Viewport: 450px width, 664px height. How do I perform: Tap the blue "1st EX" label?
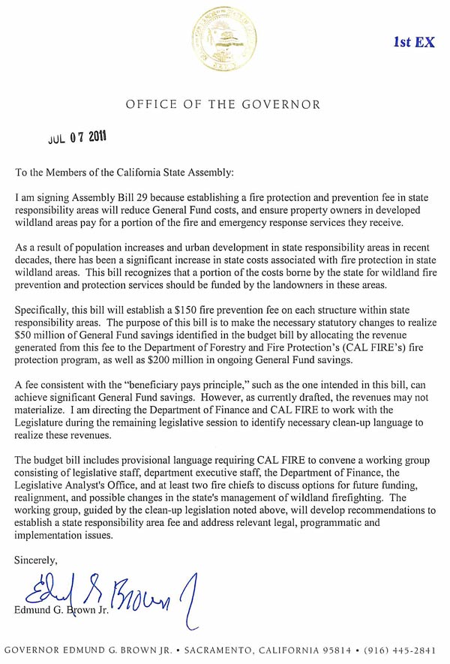pos(414,43)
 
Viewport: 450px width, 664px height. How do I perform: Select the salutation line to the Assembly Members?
pos(124,173)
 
